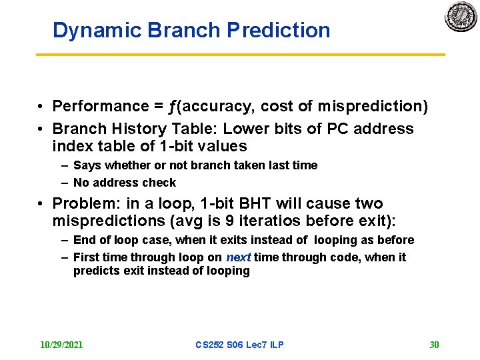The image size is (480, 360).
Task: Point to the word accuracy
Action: (216, 107)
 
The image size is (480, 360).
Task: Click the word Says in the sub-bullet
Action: (86, 165)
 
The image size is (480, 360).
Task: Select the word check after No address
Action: (160, 183)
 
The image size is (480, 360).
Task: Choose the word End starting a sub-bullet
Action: (84, 240)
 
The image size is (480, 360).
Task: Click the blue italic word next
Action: (238, 257)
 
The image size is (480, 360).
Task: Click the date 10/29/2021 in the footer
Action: (61, 345)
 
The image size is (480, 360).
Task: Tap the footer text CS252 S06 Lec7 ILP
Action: (239, 345)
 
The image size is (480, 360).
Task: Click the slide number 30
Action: (434, 345)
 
